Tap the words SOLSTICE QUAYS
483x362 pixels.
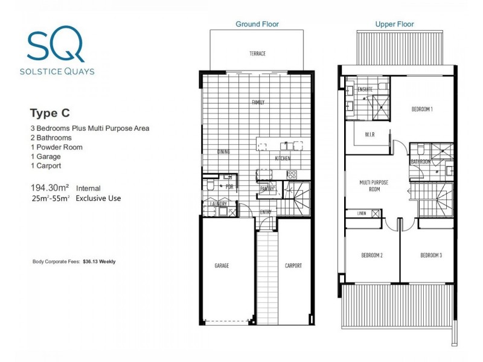pos(59,70)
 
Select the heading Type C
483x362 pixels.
pos(50,112)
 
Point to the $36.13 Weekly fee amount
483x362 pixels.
pos(99,262)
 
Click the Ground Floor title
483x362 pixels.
pos(257,24)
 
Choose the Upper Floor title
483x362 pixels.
pos(394,24)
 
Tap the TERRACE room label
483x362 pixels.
pos(257,54)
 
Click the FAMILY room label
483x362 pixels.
pos(258,103)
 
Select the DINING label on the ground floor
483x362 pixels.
pos(224,153)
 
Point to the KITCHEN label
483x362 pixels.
pos(283,158)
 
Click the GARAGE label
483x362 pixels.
pos(222,265)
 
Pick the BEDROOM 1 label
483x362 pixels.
pos(422,109)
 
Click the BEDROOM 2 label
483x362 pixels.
pos(373,255)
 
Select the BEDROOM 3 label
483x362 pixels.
pos(431,255)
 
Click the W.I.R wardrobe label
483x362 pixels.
pos(370,135)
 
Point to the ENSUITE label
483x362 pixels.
pos(365,89)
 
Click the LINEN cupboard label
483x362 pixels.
pos(362,213)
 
